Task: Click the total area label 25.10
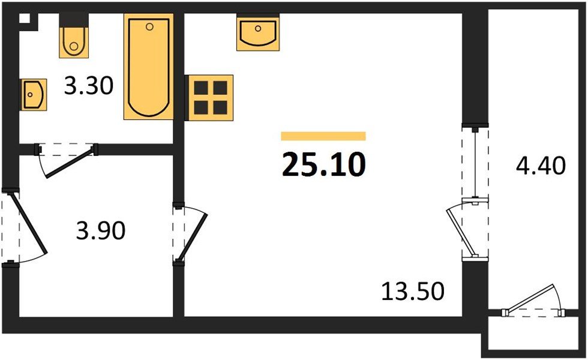(323, 165)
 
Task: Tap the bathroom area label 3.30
(89, 88)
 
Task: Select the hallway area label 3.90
(101, 230)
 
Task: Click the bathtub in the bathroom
(148, 67)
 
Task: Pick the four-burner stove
(209, 98)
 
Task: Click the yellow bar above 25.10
(323, 136)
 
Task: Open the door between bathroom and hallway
(66, 160)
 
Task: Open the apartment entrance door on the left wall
(27, 227)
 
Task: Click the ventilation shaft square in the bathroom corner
(25, 18)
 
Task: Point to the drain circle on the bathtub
(149, 26)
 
